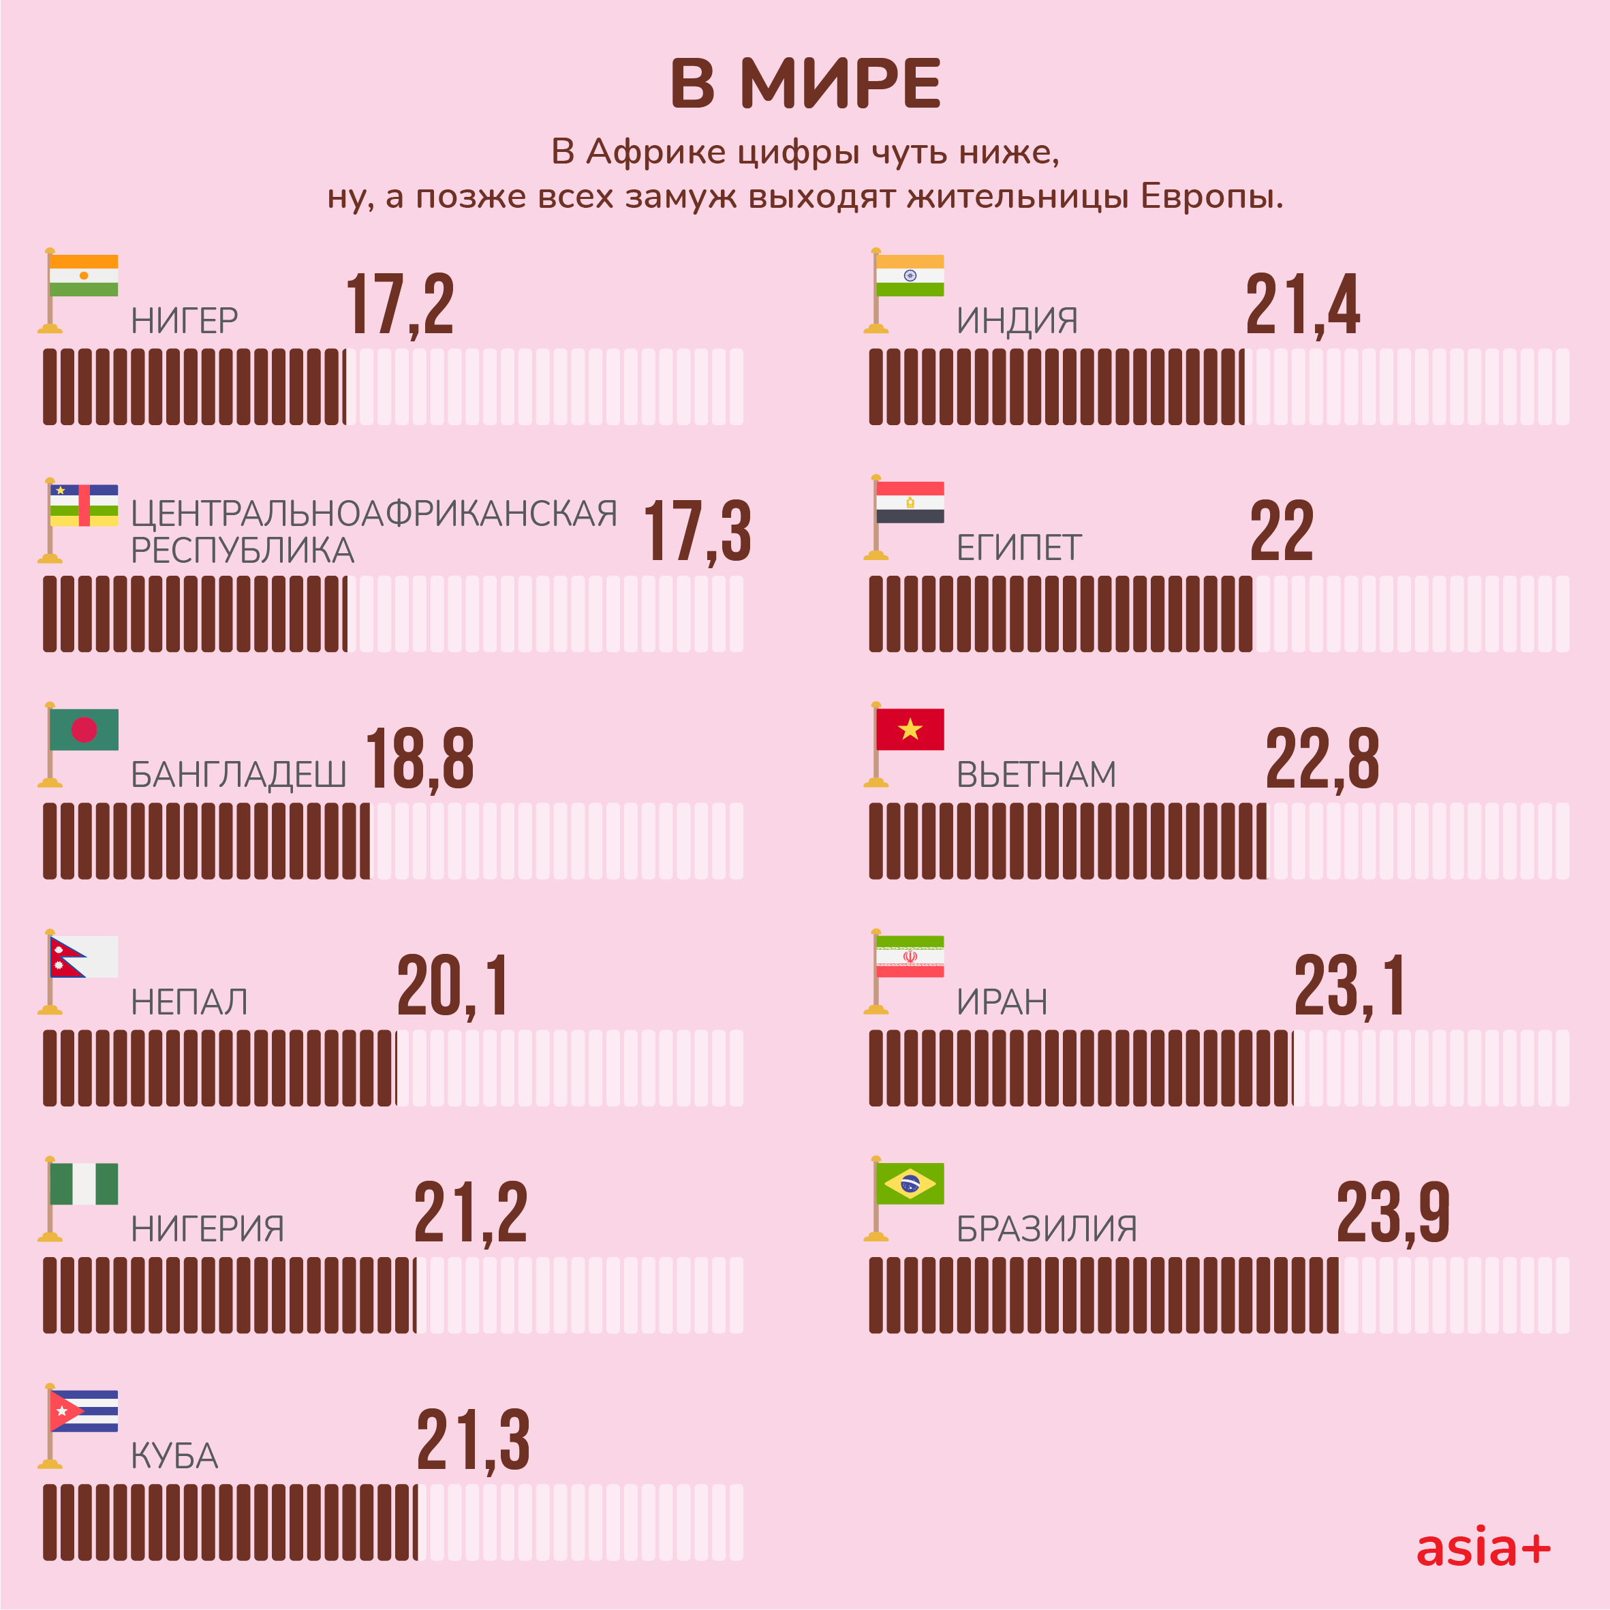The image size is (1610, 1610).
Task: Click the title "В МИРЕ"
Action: pyautogui.click(x=805, y=84)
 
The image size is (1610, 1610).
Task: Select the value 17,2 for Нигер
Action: pyautogui.click(x=400, y=305)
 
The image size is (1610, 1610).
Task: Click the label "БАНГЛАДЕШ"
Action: pyautogui.click(x=238, y=775)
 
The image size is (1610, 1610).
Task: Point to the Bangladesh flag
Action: pyautogui.click(x=83, y=730)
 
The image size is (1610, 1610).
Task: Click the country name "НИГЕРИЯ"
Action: pyautogui.click(x=208, y=1229)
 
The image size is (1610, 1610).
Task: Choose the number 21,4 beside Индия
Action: pyautogui.click(x=1303, y=305)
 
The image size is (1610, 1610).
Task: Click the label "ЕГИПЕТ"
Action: pyautogui.click(x=1019, y=548)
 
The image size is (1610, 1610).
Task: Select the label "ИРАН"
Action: pyautogui.click(x=1002, y=1002)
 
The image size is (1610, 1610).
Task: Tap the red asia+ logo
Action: pyautogui.click(x=1483, y=1548)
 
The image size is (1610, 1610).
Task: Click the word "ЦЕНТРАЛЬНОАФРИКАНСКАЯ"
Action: pyautogui.click(x=374, y=513)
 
